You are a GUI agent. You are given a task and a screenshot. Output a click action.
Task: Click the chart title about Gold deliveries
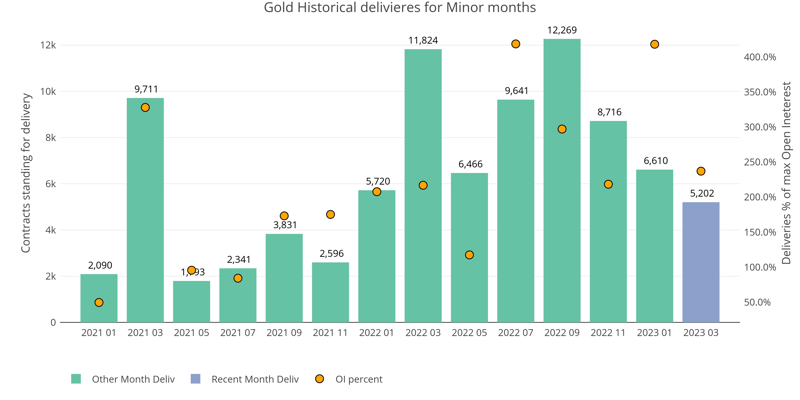400,7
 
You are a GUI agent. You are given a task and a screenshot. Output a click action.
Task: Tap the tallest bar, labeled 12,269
562,180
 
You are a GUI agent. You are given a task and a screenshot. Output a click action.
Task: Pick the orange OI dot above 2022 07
516,44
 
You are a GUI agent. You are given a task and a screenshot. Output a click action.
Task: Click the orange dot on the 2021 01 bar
99,302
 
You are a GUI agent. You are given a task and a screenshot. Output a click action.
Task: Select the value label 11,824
423,40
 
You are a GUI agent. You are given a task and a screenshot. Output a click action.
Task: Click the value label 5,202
702,193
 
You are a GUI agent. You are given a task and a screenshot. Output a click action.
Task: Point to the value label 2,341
239,259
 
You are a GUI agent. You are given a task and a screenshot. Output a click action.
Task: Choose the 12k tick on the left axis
48,45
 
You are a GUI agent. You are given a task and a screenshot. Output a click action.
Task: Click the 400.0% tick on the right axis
760,57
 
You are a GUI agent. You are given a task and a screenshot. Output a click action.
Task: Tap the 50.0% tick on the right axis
757,302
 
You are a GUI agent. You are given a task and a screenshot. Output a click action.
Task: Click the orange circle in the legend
319,379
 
